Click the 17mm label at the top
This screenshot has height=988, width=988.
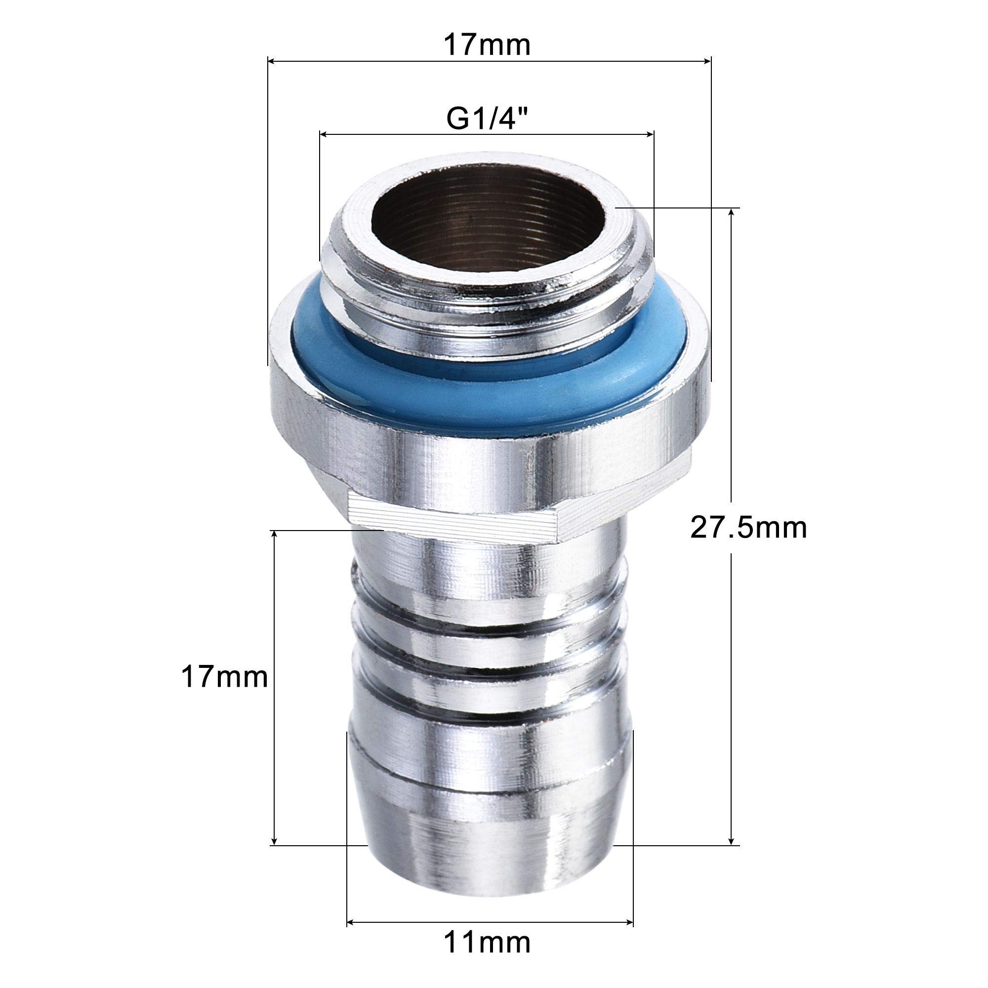[x=487, y=45]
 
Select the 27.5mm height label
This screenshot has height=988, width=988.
[x=748, y=528]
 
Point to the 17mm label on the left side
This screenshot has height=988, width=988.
[x=224, y=678]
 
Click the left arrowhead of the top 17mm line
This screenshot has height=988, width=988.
[x=272, y=62]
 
